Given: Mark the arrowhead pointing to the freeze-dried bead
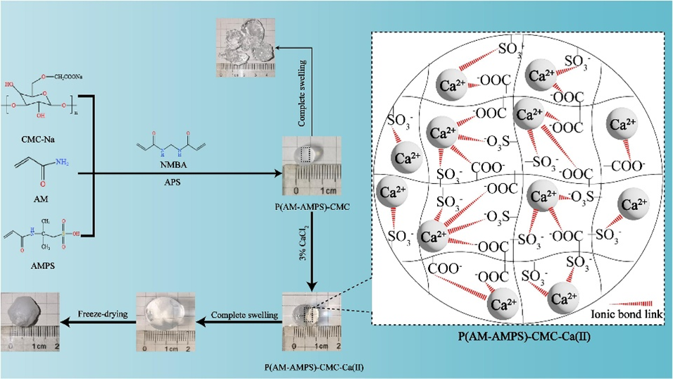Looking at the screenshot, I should coord(65,323).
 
